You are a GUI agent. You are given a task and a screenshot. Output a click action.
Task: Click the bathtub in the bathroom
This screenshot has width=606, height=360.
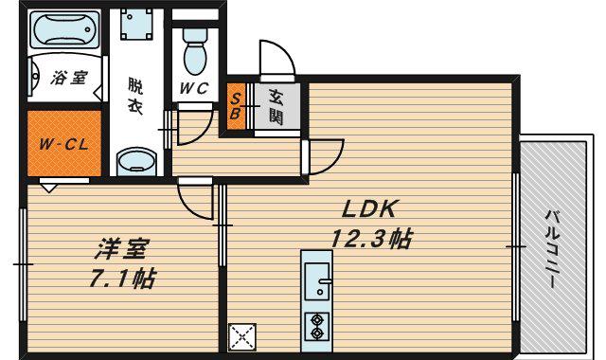[64, 29]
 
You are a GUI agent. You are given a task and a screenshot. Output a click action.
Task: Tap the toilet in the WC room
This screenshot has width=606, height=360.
[195, 51]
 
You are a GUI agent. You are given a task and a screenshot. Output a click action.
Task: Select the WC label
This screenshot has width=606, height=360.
[194, 88]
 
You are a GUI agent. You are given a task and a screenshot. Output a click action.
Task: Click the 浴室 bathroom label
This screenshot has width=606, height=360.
[69, 78]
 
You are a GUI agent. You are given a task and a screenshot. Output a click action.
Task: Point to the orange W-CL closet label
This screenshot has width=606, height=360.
[63, 145]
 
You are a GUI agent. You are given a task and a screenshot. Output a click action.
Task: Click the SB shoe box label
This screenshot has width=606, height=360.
[236, 106]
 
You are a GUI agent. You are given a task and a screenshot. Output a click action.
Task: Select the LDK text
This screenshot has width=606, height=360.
[369, 209]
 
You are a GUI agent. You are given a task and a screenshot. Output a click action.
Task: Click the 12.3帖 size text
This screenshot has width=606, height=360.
[372, 238]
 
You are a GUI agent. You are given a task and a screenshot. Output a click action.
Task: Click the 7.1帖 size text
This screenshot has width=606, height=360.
[122, 279]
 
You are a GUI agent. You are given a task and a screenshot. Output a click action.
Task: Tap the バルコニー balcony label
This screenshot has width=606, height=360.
[552, 248]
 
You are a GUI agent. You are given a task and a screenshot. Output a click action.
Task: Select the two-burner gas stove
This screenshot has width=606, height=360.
[317, 326]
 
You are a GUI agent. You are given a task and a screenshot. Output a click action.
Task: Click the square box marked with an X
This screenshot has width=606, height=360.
[242, 337]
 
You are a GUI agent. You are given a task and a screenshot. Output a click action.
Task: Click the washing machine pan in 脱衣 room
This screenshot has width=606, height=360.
[136, 25]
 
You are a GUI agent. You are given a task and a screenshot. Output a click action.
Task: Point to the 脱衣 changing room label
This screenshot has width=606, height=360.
[135, 96]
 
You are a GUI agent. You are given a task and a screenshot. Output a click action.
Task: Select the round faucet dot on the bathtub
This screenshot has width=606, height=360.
[88, 29]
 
